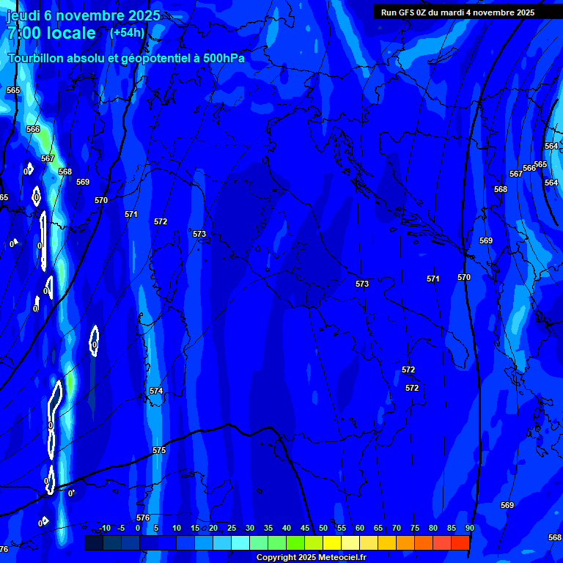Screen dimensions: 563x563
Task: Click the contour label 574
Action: (x=156, y=391)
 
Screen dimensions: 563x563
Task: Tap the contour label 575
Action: (x=159, y=450)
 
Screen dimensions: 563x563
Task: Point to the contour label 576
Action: (x=143, y=518)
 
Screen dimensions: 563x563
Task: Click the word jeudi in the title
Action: (x=23, y=15)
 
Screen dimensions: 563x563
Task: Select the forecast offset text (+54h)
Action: (x=127, y=32)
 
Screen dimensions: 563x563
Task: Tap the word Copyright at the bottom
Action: (x=276, y=557)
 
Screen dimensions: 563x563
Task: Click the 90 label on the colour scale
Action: (x=469, y=528)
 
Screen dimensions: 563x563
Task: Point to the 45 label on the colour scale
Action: (x=304, y=528)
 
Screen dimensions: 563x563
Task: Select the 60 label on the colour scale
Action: (x=359, y=528)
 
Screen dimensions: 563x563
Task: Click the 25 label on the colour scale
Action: (x=231, y=528)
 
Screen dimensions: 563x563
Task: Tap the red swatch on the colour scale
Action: (x=460, y=542)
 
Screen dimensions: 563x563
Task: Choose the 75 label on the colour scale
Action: (x=414, y=528)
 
